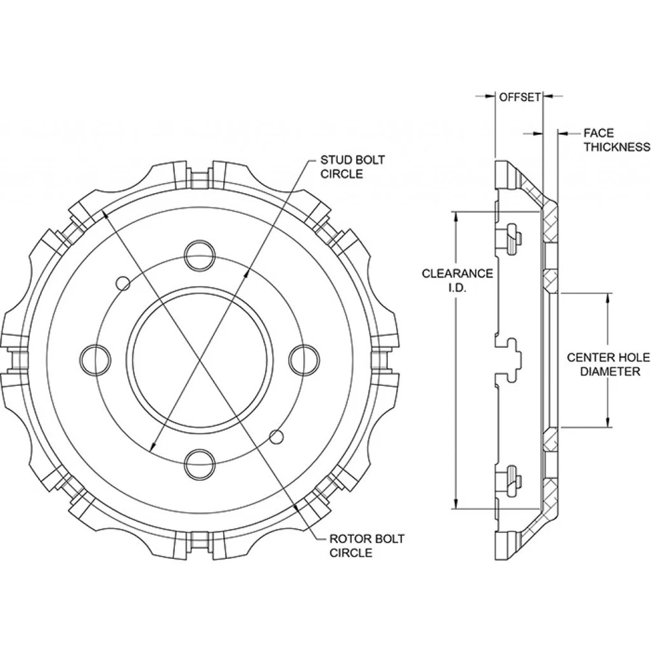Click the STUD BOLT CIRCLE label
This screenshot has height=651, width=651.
(x=352, y=167)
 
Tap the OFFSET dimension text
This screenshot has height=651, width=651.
(x=519, y=97)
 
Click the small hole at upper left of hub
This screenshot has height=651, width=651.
(x=123, y=281)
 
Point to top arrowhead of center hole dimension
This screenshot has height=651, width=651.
(x=608, y=297)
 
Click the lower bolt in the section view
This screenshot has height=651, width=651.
(x=511, y=480)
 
